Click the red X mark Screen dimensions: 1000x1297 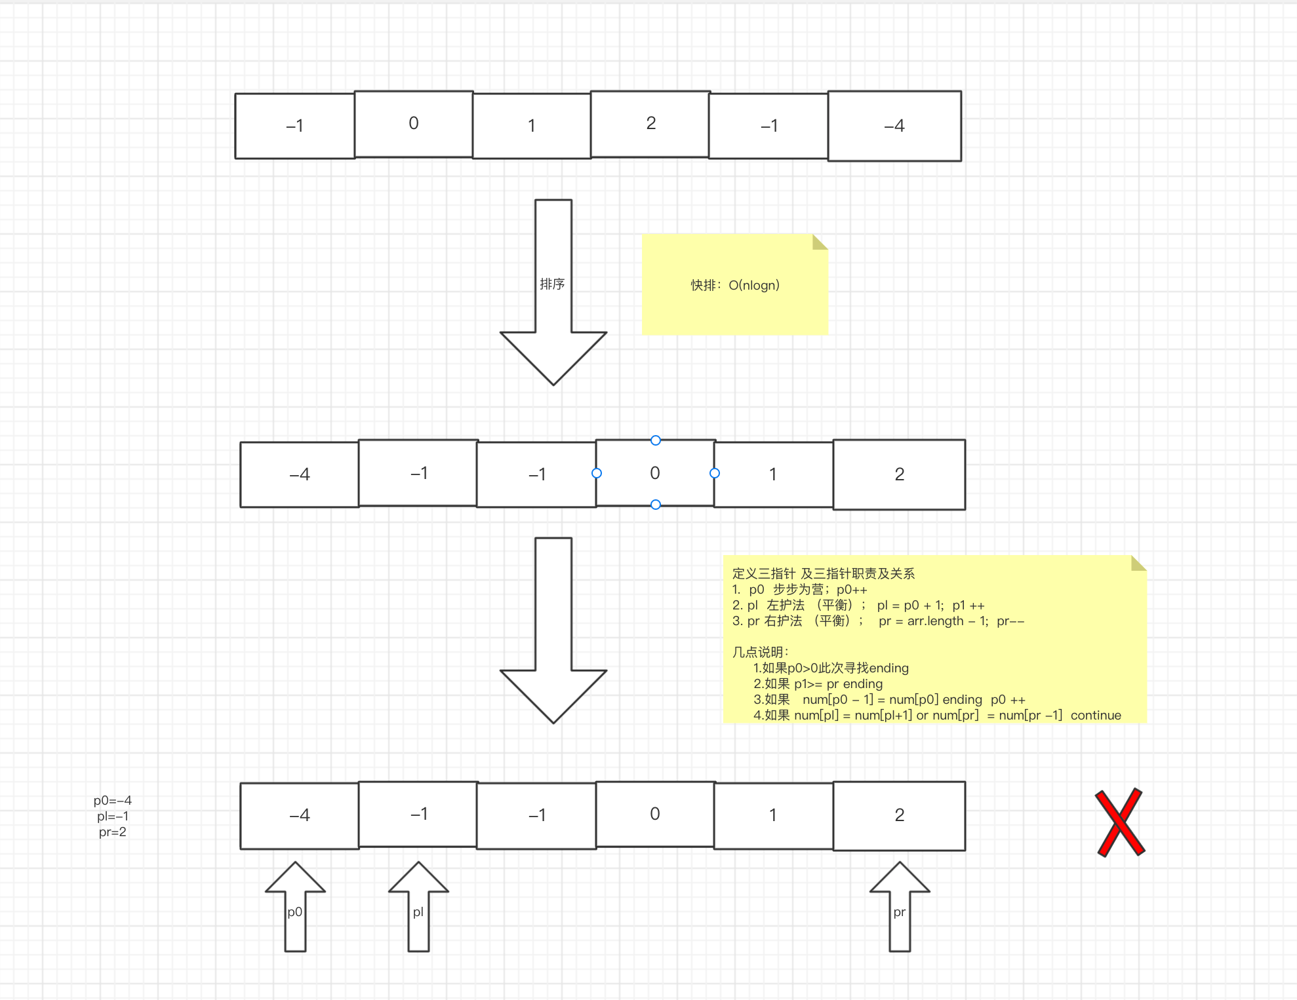tap(1120, 822)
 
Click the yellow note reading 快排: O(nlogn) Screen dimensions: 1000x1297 tap(735, 285)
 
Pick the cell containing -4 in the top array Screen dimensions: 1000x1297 tap(894, 126)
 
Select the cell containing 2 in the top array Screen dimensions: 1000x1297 tap(650, 124)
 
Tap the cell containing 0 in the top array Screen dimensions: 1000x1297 tap(414, 124)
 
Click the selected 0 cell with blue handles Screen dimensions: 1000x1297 tap(655, 473)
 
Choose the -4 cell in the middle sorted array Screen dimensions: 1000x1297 tap(300, 474)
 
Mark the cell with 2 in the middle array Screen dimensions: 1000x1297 tap(899, 474)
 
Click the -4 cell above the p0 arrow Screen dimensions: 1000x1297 tap(300, 816)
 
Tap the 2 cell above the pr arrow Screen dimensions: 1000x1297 tap(899, 816)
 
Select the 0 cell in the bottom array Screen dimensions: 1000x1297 tap(655, 815)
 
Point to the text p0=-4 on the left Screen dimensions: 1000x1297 tap(113, 800)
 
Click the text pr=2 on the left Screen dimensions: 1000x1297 tap(113, 832)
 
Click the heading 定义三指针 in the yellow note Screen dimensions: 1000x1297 tap(763, 573)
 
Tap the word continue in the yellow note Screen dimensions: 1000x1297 tap(1096, 715)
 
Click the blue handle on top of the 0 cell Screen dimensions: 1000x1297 tap(656, 440)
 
